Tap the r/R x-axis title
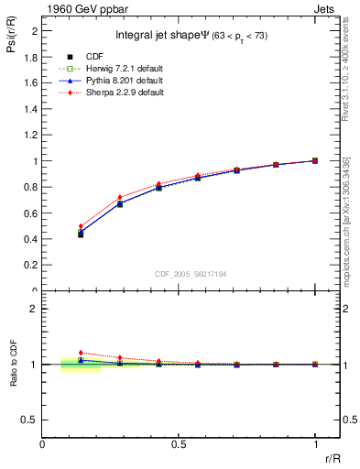click(x=333, y=455)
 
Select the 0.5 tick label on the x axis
click(x=179, y=443)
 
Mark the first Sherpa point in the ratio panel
click(x=81, y=353)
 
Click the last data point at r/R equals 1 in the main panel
click(x=315, y=160)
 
